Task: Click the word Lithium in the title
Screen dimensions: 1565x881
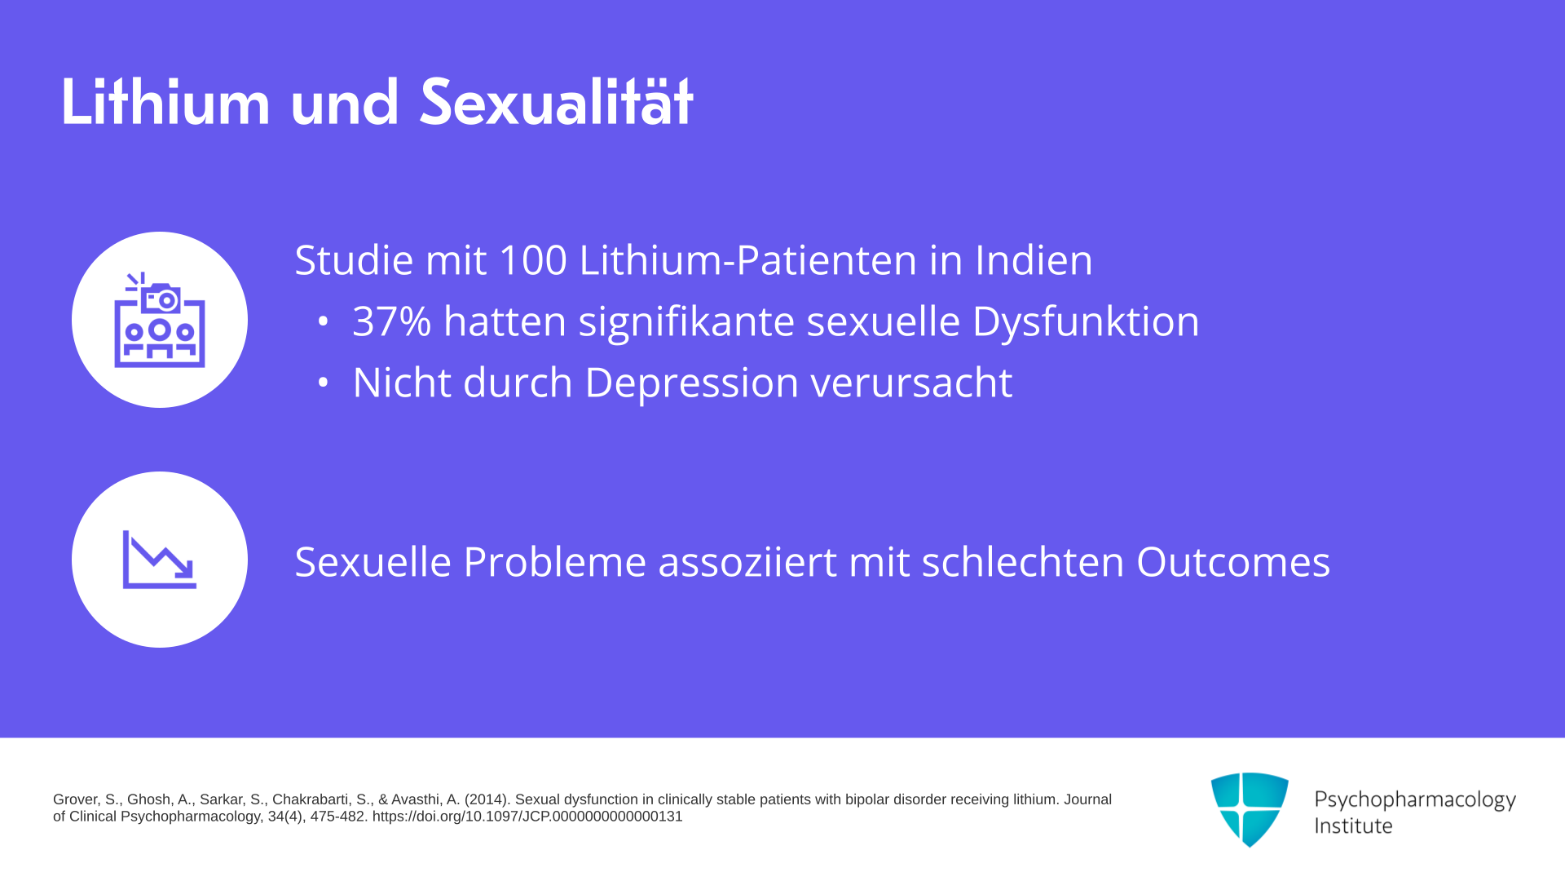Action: pyautogui.click(x=165, y=102)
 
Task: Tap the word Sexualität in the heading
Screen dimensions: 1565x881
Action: pyautogui.click(x=556, y=102)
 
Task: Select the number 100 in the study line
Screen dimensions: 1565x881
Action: pyautogui.click(x=532, y=260)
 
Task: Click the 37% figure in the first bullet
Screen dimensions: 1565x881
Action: pyautogui.click(x=391, y=321)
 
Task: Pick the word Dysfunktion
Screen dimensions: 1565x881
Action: pyautogui.click(x=1086, y=321)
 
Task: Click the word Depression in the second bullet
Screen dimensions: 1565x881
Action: pyautogui.click(x=692, y=383)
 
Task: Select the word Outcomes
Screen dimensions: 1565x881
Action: pyautogui.click(x=1233, y=562)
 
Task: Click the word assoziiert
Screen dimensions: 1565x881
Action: pyautogui.click(x=747, y=562)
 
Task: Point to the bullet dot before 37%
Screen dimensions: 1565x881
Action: pyautogui.click(x=323, y=321)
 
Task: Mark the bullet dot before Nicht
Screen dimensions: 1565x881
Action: pyautogui.click(x=323, y=383)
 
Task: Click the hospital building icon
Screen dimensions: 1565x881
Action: pyautogui.click(x=160, y=320)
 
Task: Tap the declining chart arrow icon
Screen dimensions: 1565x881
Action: pyautogui.click(x=160, y=560)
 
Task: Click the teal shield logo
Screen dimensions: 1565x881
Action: pyautogui.click(x=1250, y=809)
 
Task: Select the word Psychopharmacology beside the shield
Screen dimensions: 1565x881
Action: pyautogui.click(x=1415, y=800)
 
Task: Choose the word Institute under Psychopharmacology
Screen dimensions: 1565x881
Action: pyautogui.click(x=1353, y=826)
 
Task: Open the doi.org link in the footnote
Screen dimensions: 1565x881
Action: pyautogui.click(x=527, y=817)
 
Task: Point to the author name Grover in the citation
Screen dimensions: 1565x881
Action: pyautogui.click(x=76, y=799)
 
